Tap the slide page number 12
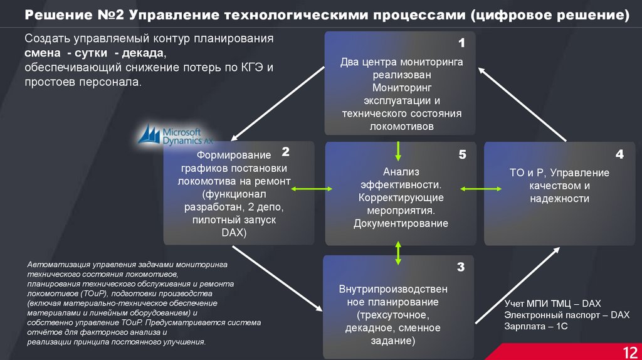click(x=629, y=351)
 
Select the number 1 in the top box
click(x=461, y=44)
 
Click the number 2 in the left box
click(x=285, y=152)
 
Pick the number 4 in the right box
click(x=619, y=154)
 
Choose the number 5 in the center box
click(x=462, y=154)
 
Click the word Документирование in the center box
click(x=400, y=223)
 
